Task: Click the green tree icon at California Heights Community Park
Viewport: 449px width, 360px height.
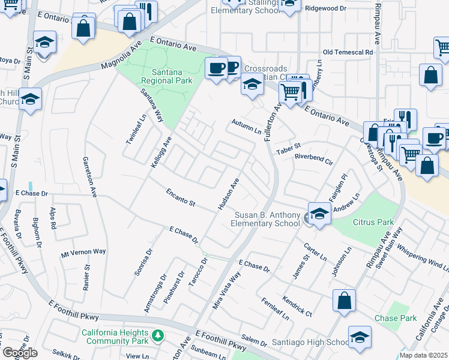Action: [x=157, y=334]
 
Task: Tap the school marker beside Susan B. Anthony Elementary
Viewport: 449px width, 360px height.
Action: [x=319, y=215]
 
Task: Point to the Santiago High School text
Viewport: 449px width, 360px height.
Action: [x=310, y=342]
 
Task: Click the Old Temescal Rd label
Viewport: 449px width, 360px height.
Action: [x=348, y=52]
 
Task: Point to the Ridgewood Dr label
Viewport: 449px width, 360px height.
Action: [x=326, y=8]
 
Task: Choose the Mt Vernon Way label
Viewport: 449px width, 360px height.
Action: [x=83, y=252]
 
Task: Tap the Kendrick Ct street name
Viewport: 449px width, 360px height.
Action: [x=297, y=305]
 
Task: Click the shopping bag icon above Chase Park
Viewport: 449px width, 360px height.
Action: [x=344, y=302]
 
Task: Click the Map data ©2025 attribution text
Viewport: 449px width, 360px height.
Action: [x=423, y=355]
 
